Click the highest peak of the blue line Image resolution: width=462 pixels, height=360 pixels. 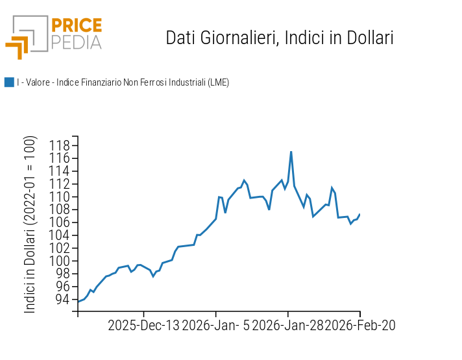tap(291, 152)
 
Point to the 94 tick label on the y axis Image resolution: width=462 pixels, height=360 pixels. tap(62, 299)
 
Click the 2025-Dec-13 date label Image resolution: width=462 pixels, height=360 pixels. tap(143, 325)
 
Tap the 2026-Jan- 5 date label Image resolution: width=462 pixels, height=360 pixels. tap(215, 325)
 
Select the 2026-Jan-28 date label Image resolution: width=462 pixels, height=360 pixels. tap(288, 325)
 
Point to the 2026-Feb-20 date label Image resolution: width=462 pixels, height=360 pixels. tap(360, 325)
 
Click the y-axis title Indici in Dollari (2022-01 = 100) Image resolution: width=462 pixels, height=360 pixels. tap(31, 225)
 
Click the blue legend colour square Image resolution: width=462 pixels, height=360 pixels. tap(9, 82)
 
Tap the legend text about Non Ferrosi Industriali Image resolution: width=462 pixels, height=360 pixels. tap(123, 82)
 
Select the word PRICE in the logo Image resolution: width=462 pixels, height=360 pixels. tap(76, 26)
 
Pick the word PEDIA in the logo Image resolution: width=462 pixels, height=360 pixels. tap(76, 42)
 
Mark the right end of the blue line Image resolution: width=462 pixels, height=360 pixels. tap(359, 215)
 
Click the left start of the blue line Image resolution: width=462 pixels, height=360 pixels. tap(78, 302)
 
